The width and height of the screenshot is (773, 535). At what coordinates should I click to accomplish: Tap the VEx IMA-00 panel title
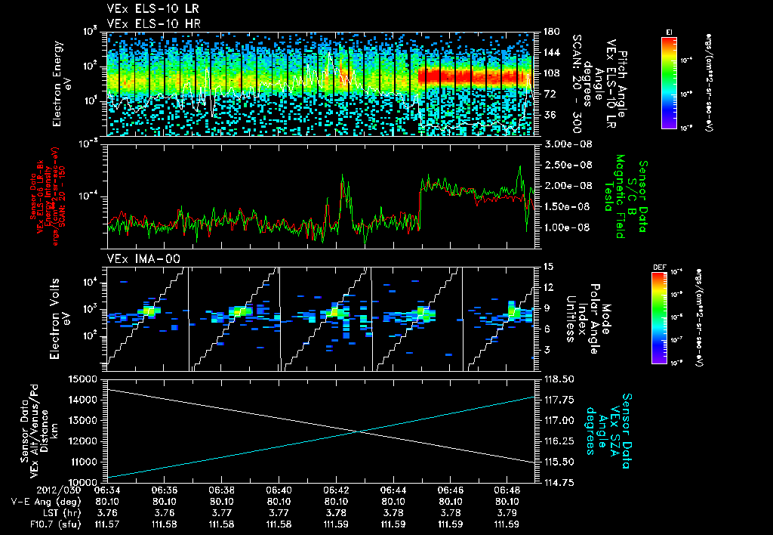[x=136, y=259]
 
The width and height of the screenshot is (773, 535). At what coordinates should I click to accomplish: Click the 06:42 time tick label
[x=336, y=490]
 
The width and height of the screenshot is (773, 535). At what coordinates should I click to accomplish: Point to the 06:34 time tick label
[x=108, y=490]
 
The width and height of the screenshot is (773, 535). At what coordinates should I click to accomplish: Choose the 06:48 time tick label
[x=507, y=490]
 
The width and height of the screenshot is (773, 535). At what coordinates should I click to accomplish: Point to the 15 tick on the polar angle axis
[x=547, y=267]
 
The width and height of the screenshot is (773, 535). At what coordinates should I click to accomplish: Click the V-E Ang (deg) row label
[x=46, y=501]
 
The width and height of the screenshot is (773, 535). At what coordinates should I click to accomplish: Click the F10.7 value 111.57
[x=108, y=523]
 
